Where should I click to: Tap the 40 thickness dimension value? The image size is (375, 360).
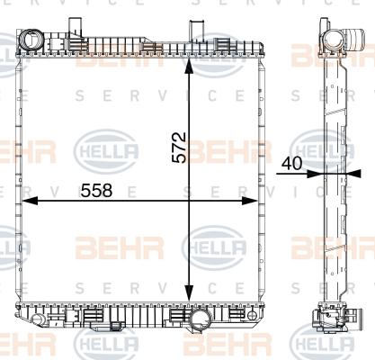(290, 165)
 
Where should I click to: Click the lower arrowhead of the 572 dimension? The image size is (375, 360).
(189, 296)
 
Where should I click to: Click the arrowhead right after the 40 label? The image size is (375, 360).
(317, 175)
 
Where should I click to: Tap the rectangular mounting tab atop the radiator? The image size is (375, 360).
(201, 29)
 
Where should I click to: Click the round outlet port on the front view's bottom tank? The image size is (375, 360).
(213, 319)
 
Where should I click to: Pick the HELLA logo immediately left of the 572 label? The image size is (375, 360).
(110, 149)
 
